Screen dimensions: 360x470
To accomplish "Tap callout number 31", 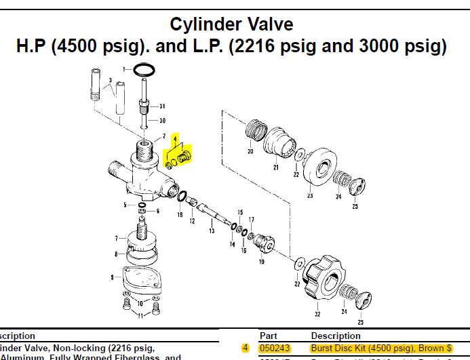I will [x=162, y=106].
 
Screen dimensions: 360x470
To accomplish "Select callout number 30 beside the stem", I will [x=162, y=121].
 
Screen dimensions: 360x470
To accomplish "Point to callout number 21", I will [x=276, y=167].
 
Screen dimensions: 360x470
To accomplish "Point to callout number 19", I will [x=261, y=262].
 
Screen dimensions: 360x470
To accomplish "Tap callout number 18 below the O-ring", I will [x=180, y=215].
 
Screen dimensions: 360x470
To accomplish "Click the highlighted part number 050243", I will [x=275, y=348].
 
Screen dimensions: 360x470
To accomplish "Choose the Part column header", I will [x=269, y=336].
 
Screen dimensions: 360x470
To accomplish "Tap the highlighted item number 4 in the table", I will [x=245, y=348].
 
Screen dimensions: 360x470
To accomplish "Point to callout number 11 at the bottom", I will [x=139, y=315].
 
